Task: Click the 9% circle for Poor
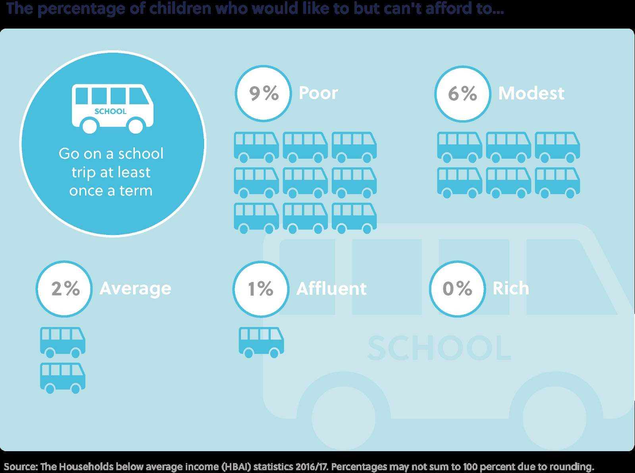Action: pyautogui.click(x=264, y=93)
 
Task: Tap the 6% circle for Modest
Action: pyautogui.click(x=463, y=94)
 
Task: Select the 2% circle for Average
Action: pyautogui.click(x=64, y=288)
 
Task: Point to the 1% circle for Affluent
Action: pyautogui.click(x=261, y=288)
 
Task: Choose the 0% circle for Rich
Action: pyautogui.click(x=457, y=288)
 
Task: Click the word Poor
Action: pyautogui.click(x=318, y=93)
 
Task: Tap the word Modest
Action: pyautogui.click(x=531, y=93)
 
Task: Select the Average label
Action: pyautogui.click(x=135, y=288)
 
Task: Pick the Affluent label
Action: pyautogui.click(x=331, y=288)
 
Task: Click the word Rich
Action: pyautogui.click(x=511, y=288)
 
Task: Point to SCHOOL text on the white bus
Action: pyautogui.click(x=110, y=112)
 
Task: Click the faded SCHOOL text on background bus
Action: pyautogui.click(x=439, y=348)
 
